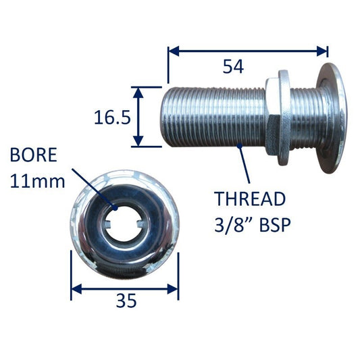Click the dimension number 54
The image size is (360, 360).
233,67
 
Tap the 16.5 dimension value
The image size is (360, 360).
112,118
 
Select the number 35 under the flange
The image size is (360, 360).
126,301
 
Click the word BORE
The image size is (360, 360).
34,155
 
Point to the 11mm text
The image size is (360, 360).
38,181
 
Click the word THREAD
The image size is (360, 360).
250,199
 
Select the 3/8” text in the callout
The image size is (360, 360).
234,225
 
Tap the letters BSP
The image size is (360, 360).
275,225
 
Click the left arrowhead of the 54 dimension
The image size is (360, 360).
174,51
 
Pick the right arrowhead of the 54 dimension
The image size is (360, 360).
322,51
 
